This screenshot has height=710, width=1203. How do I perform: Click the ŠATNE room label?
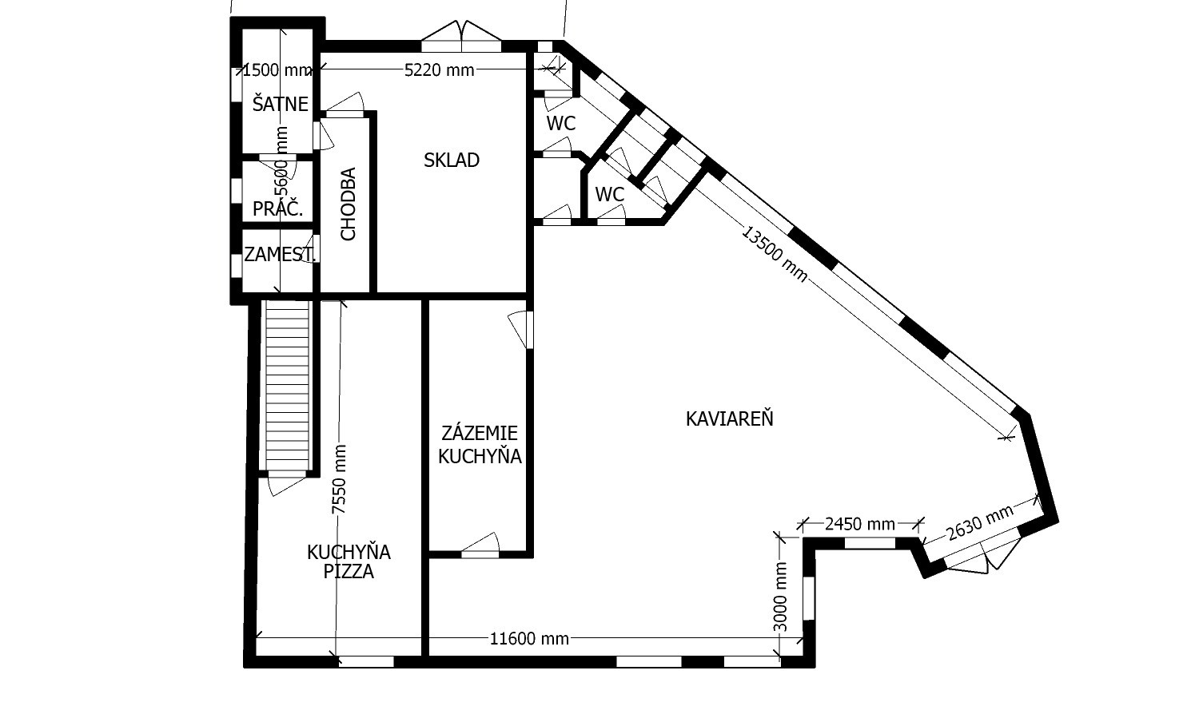(281, 104)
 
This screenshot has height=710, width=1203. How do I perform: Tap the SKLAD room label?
(451, 160)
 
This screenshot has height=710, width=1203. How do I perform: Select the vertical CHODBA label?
(348, 204)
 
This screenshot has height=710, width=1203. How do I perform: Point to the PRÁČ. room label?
(277, 208)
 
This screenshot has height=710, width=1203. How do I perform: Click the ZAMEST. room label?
(279, 254)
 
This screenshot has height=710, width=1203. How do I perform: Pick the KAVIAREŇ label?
(729, 418)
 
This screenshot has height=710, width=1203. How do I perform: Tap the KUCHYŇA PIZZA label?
(349, 561)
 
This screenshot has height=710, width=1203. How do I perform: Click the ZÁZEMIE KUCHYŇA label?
(480, 444)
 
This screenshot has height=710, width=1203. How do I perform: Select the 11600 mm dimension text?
(529, 638)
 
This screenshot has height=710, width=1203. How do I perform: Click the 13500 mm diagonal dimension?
(775, 253)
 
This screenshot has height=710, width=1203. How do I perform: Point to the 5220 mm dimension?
(439, 69)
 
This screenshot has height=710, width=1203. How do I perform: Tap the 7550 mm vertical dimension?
(339, 479)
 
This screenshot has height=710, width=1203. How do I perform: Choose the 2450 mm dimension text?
(860, 523)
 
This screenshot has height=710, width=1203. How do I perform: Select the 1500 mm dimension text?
(277, 69)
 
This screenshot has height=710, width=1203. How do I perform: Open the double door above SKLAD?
(461, 37)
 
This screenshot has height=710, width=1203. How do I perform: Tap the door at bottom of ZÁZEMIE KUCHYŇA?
(480, 545)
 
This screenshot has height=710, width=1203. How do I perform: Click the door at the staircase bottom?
(287, 484)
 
